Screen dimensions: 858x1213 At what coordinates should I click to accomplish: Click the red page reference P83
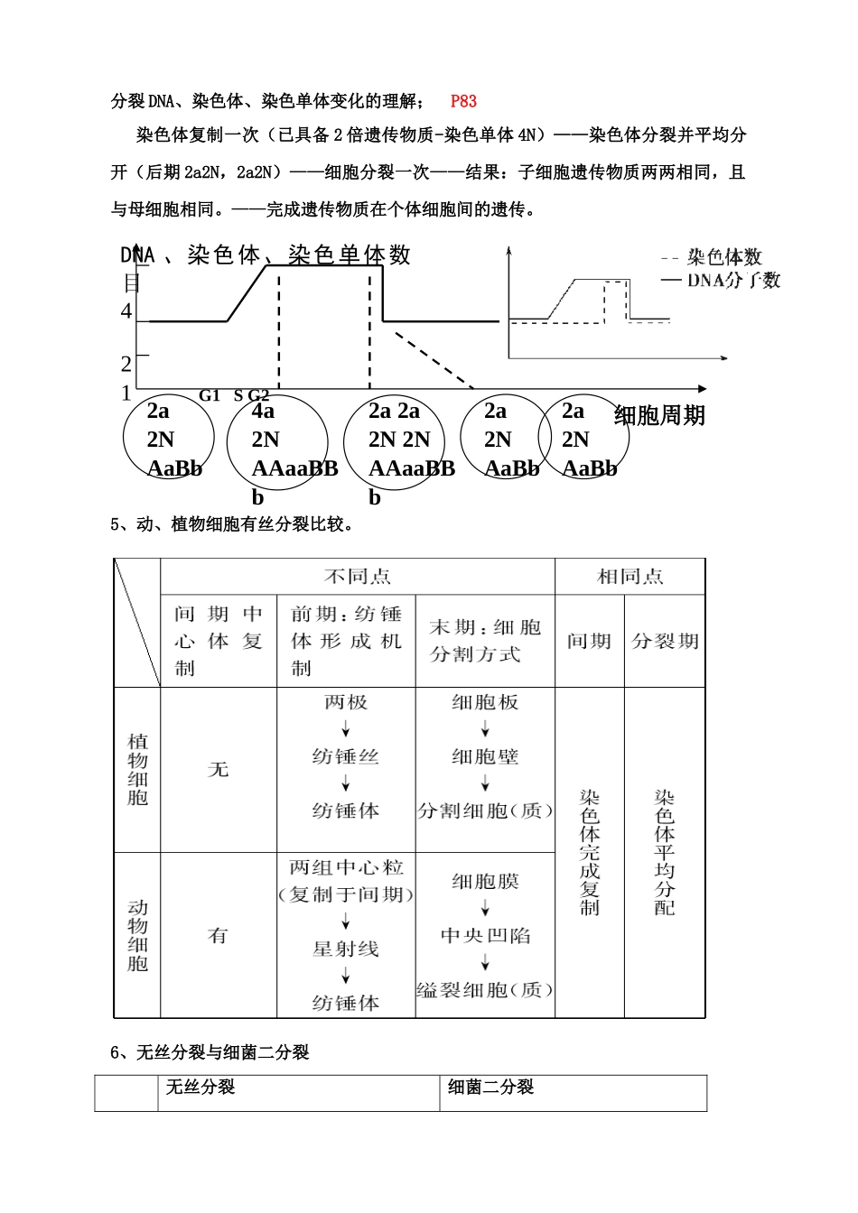(463, 101)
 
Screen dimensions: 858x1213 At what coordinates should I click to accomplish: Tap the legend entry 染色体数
(724, 257)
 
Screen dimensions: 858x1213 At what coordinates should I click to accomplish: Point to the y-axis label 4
(126, 311)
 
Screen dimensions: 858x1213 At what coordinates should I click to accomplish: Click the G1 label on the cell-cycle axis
(210, 395)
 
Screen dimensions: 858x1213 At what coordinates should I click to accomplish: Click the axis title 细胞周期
(659, 416)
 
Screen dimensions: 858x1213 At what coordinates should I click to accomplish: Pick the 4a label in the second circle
(263, 411)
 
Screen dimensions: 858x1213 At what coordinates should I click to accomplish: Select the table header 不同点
(358, 576)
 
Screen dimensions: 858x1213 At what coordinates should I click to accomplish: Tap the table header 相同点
(630, 576)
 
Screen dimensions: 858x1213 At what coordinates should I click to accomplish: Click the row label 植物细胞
(137, 769)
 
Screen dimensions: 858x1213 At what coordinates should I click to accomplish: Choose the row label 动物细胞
(137, 935)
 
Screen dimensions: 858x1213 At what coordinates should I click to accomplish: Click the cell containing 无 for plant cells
(219, 769)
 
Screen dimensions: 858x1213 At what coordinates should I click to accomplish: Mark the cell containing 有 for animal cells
(219, 935)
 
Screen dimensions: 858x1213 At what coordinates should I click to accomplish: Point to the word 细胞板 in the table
(485, 702)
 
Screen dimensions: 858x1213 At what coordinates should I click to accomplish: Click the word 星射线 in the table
(346, 949)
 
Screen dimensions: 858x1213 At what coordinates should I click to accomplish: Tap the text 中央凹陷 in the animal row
(485, 935)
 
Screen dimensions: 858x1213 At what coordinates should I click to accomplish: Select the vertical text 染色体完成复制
(590, 852)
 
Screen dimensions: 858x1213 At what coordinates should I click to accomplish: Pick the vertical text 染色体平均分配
(665, 852)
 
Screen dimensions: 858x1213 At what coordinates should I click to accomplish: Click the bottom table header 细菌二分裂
(491, 1088)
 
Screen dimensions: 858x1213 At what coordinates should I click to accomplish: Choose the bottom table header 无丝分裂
(201, 1088)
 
